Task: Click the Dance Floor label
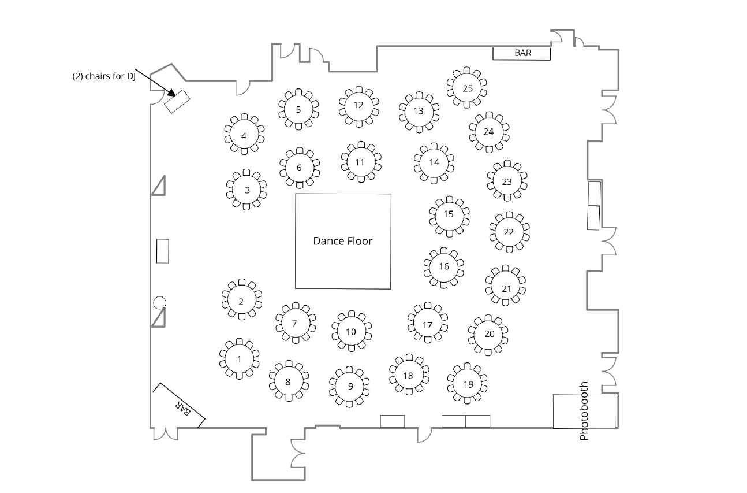click(343, 241)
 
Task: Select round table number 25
click(468, 88)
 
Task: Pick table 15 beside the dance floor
click(449, 214)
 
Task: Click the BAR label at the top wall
click(522, 53)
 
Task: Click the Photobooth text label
click(584, 411)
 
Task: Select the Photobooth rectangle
click(584, 411)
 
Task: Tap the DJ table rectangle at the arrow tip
click(177, 102)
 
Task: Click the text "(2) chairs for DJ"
click(104, 77)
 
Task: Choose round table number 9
click(350, 386)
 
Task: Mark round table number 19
click(468, 384)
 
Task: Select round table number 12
click(358, 105)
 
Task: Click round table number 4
click(244, 136)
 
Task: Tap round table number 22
click(509, 232)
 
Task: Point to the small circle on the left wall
click(159, 302)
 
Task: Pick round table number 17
click(427, 325)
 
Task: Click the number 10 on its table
click(351, 332)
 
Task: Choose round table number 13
click(419, 111)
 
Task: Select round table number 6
click(299, 168)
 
